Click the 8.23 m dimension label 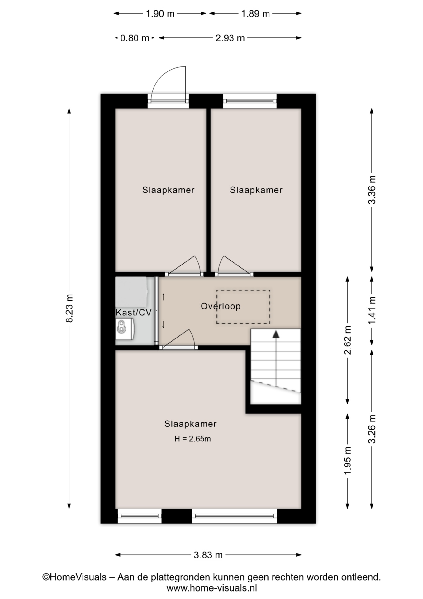[69, 308]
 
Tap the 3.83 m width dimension [208, 555]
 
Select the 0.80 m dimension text [135, 38]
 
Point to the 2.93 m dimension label [230, 38]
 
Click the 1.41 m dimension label [372, 310]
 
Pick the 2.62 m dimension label [348, 340]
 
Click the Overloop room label [221, 306]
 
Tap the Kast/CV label [134, 312]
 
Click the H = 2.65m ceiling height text [192, 439]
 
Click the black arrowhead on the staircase [276, 334]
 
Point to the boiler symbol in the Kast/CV [124, 329]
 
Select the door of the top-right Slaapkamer [234, 266]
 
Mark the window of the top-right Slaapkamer [250, 101]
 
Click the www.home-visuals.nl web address [212, 588]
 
